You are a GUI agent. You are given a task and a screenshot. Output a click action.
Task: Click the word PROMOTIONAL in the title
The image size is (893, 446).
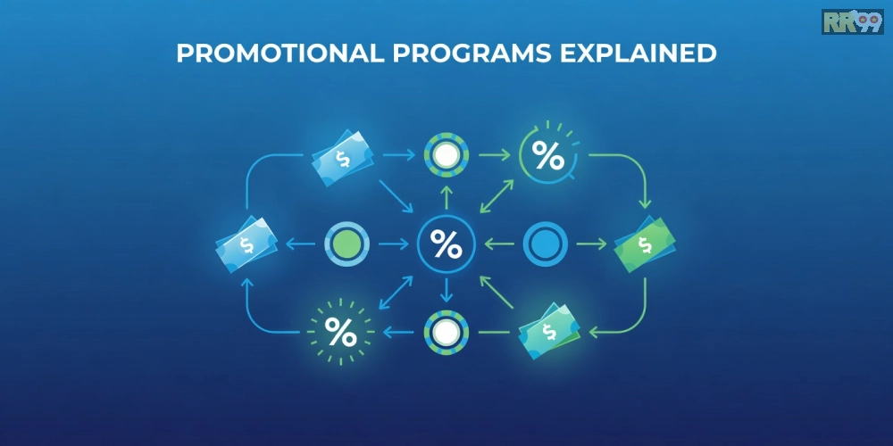(280, 53)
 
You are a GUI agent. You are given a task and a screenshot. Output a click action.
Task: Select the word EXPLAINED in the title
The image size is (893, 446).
(638, 53)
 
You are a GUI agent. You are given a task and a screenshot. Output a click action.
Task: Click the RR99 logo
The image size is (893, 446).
(852, 21)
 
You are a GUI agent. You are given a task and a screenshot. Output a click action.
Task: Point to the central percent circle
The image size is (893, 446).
(446, 244)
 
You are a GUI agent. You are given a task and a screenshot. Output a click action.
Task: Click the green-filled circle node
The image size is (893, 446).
(346, 244)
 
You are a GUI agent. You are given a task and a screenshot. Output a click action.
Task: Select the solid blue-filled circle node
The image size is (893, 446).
(545, 244)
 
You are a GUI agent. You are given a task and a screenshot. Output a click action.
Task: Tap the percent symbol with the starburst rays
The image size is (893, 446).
(340, 332)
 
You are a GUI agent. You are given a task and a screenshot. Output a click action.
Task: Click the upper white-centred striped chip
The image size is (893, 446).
(446, 154)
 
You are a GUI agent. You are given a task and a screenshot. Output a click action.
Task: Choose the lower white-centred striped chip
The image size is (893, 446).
(446, 333)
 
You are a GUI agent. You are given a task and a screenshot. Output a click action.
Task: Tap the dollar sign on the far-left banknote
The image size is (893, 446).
(246, 244)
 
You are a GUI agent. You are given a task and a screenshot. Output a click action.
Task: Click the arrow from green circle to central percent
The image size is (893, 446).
(393, 244)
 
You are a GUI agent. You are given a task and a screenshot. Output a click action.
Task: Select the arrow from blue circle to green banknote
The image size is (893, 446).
(592, 244)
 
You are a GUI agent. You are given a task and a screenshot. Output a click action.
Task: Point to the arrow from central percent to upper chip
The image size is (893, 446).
(446, 196)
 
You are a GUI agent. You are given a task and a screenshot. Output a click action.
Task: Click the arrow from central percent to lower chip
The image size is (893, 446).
(446, 290)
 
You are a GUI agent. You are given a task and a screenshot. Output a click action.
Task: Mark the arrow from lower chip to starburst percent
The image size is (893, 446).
(398, 332)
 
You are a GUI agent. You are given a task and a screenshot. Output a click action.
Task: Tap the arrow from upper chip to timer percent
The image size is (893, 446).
(495, 154)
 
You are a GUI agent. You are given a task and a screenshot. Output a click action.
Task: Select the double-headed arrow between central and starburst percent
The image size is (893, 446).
(396, 293)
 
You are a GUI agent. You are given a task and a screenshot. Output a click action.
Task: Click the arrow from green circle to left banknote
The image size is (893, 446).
(300, 244)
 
